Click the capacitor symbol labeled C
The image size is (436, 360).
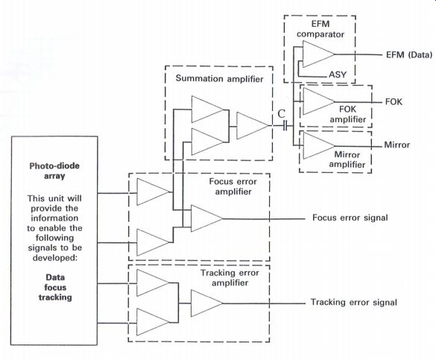point(285,126)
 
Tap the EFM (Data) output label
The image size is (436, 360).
point(409,54)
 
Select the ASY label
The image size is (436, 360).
point(338,75)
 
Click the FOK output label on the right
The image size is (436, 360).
point(394,102)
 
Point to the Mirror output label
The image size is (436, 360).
point(396,145)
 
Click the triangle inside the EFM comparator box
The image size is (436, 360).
point(318,54)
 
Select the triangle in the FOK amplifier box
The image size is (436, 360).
point(319,101)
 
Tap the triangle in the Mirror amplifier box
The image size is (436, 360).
point(319,145)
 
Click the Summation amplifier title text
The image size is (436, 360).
point(219,79)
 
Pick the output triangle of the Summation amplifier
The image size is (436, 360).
point(253,126)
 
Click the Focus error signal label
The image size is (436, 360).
point(350,218)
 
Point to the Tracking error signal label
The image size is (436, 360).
point(354,302)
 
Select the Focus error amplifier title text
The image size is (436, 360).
point(233,186)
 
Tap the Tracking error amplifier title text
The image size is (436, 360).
point(230,278)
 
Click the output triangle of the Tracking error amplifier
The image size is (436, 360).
point(207,303)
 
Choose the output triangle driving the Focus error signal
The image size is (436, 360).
point(206,218)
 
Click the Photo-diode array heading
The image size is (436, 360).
point(54,171)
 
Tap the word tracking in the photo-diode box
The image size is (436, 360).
point(55,297)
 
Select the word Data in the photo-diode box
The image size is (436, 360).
point(55,277)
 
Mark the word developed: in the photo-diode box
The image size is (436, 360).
point(54,258)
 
